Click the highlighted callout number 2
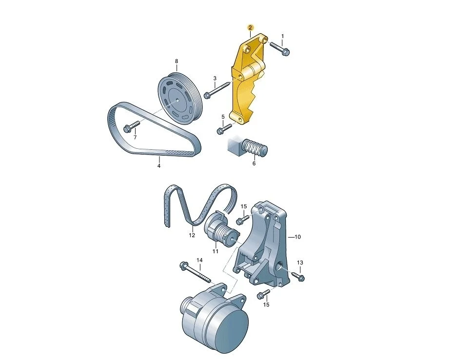pyautogui.click(x=250, y=28)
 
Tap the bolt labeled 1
pyautogui.click(x=280, y=49)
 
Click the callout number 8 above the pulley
pyautogui.click(x=176, y=61)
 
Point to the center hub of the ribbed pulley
pyautogui.click(x=176, y=100)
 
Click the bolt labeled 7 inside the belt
pyautogui.click(x=132, y=127)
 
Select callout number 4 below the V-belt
pyautogui.click(x=159, y=166)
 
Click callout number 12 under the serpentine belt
pyautogui.click(x=192, y=236)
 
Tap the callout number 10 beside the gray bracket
pyautogui.click(x=297, y=237)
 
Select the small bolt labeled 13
pyautogui.click(x=298, y=276)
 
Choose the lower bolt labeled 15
pyautogui.click(x=263, y=294)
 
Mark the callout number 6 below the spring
pyautogui.click(x=254, y=163)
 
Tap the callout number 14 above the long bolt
pyautogui.click(x=199, y=260)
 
